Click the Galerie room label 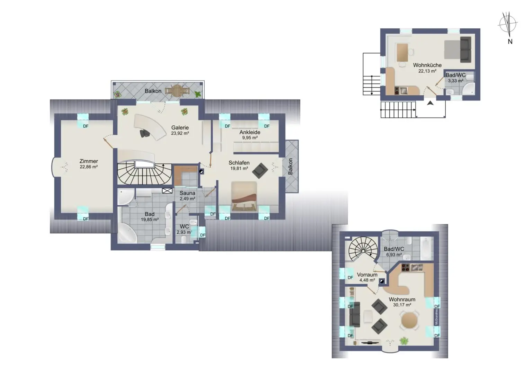[180, 127]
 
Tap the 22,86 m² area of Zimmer [89, 167]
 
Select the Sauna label [187, 193]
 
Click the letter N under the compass [510, 42]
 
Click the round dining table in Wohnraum [409, 320]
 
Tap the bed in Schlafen [244, 196]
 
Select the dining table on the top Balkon [177, 91]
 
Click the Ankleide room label [250, 132]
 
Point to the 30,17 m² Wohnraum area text [402, 305]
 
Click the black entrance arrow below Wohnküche [430, 103]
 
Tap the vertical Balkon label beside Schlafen [290, 167]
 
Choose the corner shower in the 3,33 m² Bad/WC [468, 89]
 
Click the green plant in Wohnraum [404, 341]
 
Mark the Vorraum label [367, 275]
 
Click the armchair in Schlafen [260, 170]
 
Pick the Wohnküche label [427, 65]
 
